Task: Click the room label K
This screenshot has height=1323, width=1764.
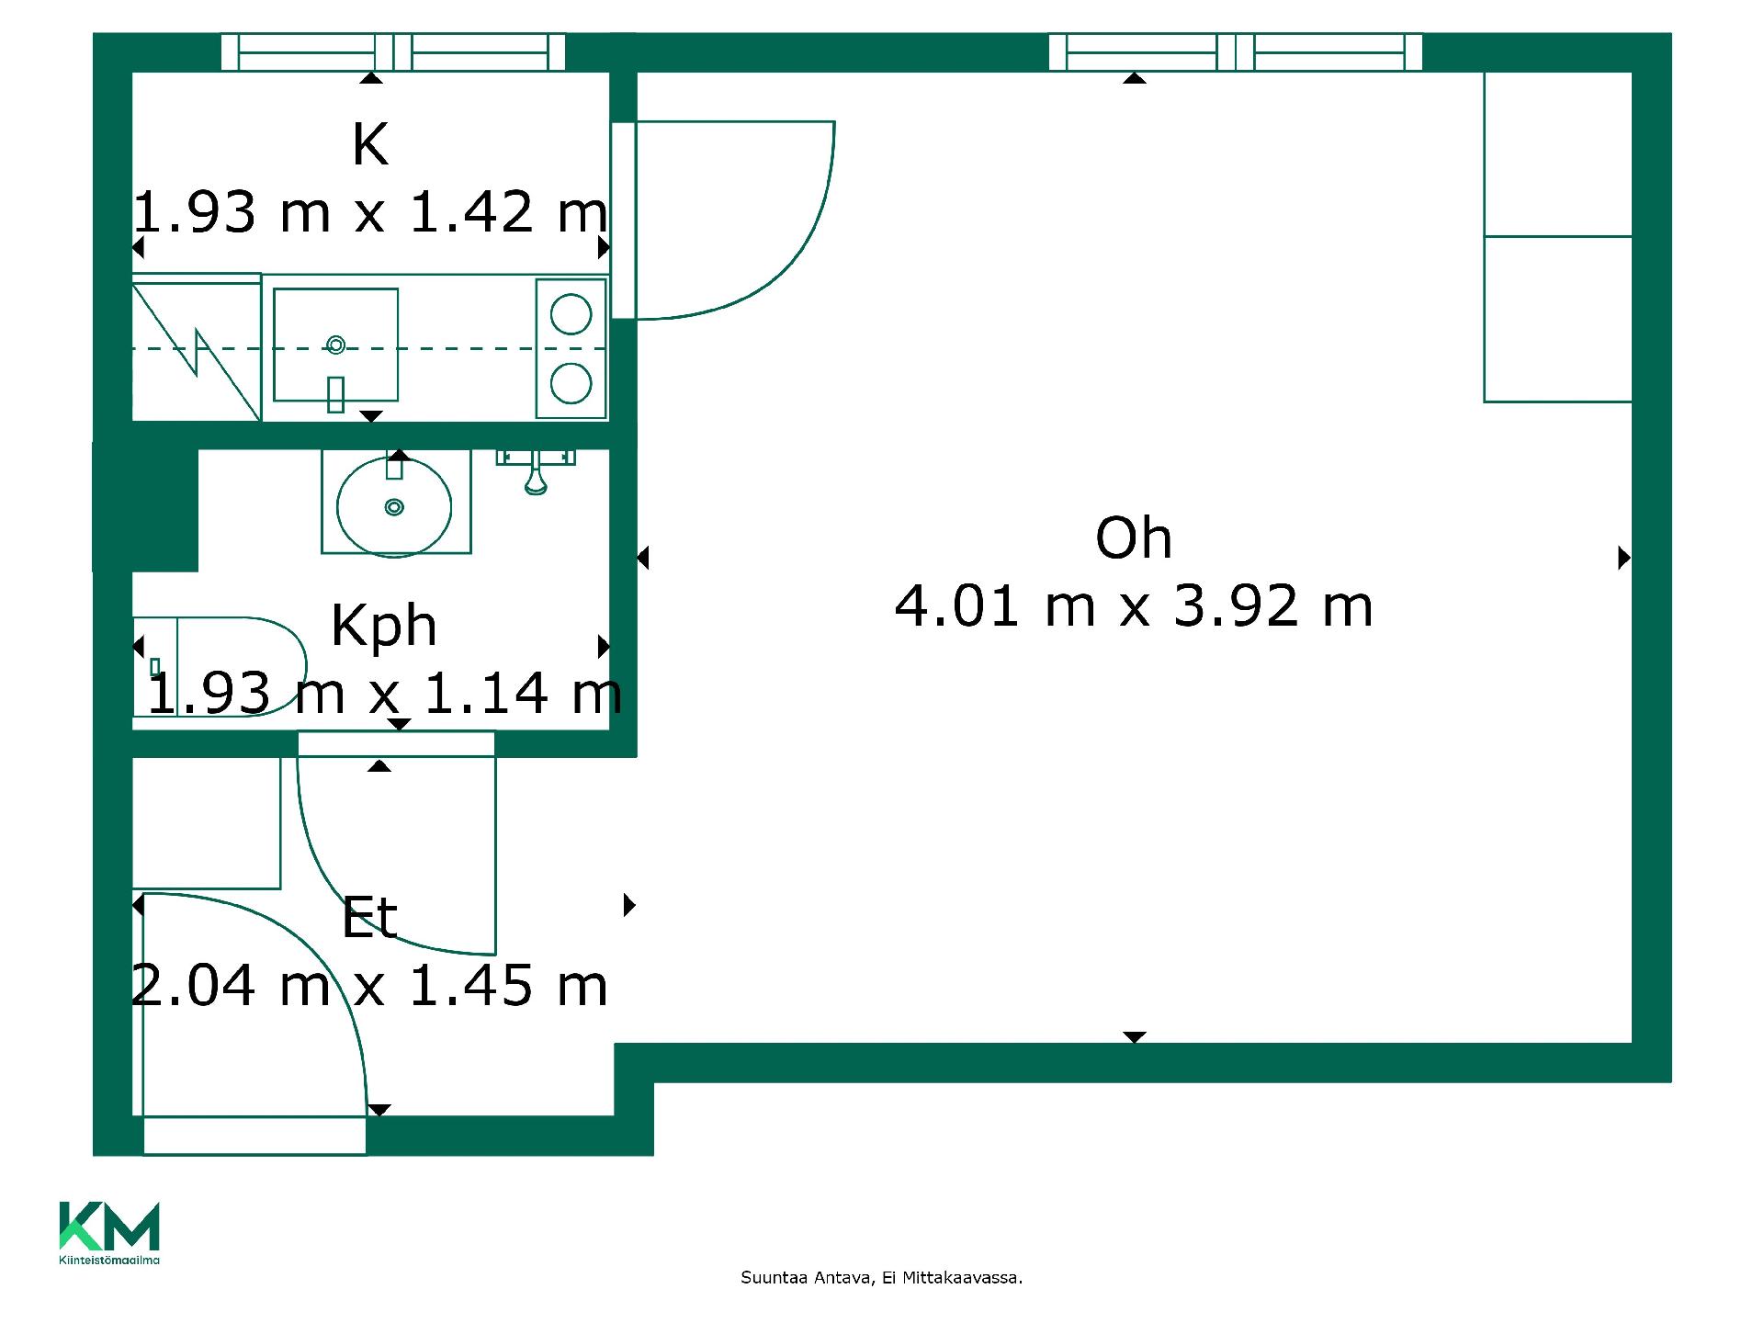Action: [370, 144]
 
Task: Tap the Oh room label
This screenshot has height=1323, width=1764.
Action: [1134, 538]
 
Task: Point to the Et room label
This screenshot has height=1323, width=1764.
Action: [369, 918]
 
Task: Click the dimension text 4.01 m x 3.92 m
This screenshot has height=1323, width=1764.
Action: [1134, 606]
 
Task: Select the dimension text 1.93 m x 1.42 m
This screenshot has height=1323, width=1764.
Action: [370, 212]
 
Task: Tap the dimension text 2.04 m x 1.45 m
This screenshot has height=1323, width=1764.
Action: [369, 986]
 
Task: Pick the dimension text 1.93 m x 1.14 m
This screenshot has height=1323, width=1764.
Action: [385, 693]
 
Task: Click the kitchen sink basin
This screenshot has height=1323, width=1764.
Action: [336, 345]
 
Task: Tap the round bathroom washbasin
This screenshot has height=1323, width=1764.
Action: [394, 506]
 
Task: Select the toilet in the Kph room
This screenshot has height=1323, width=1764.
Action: [220, 667]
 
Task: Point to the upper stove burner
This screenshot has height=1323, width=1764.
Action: [571, 315]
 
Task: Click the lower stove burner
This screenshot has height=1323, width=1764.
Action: [571, 383]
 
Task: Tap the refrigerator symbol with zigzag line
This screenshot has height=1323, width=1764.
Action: [197, 347]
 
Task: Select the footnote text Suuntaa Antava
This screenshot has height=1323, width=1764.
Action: [806, 1278]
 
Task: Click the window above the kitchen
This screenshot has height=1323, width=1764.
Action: [393, 52]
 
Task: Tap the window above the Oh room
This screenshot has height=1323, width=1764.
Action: [1236, 52]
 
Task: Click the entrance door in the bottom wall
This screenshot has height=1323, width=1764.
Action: [254, 1136]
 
